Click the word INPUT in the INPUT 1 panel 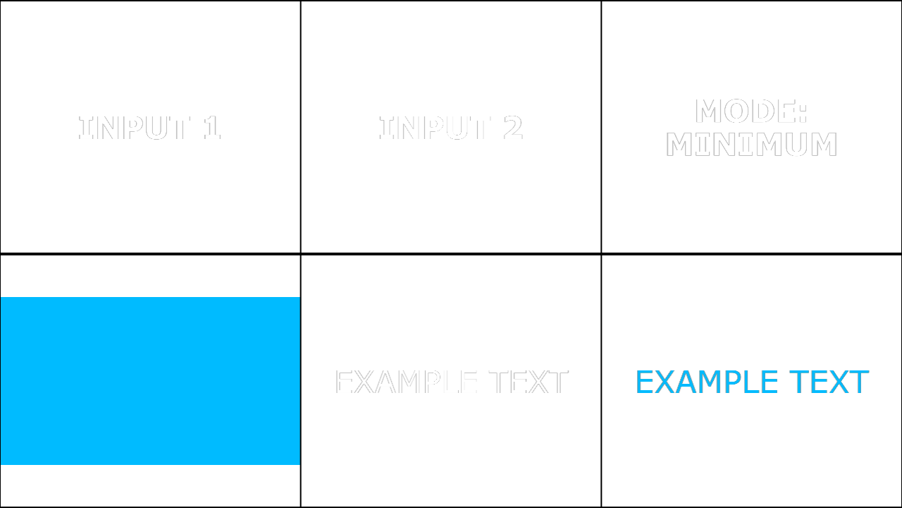click(134, 128)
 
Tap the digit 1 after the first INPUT click(212, 128)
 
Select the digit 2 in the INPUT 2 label click(513, 128)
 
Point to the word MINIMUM click(751, 145)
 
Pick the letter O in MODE click(737, 111)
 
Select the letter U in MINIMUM click(796, 145)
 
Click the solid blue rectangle click(150, 381)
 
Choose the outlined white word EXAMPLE click(407, 382)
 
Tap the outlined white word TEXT click(528, 382)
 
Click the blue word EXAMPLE click(707, 382)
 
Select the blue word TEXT click(829, 382)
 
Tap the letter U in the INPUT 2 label click(457, 128)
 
